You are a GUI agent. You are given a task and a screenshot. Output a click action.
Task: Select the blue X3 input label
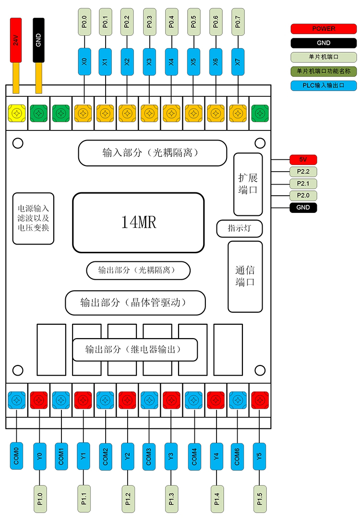(149, 61)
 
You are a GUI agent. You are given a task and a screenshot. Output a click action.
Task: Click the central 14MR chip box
(138, 223)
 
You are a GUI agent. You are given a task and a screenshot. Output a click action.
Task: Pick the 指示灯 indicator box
(240, 229)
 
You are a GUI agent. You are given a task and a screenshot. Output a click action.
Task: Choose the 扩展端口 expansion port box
(248, 184)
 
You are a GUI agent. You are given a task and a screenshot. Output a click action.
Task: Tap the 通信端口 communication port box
(245, 276)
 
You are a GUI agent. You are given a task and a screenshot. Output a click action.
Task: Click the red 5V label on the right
(303, 160)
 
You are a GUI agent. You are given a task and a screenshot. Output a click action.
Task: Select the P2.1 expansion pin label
(303, 184)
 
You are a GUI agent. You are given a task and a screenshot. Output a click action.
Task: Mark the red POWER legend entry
(324, 29)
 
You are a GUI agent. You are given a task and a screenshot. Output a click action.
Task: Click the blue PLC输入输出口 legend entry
(324, 86)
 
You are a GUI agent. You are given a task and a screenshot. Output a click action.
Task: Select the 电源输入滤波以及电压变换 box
(33, 219)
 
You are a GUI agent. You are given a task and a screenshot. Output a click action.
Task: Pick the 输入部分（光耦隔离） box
(152, 153)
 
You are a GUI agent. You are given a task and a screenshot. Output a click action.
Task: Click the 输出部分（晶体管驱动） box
(135, 303)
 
